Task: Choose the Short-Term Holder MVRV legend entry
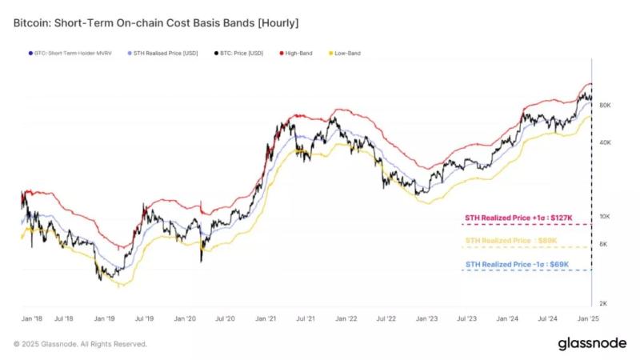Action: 68,54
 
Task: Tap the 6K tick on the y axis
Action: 606,244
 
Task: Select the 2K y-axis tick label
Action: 606,303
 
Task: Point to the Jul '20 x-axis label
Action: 225,318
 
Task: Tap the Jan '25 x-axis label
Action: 589,318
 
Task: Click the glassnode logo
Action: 591,343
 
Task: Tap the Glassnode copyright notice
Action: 80,344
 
